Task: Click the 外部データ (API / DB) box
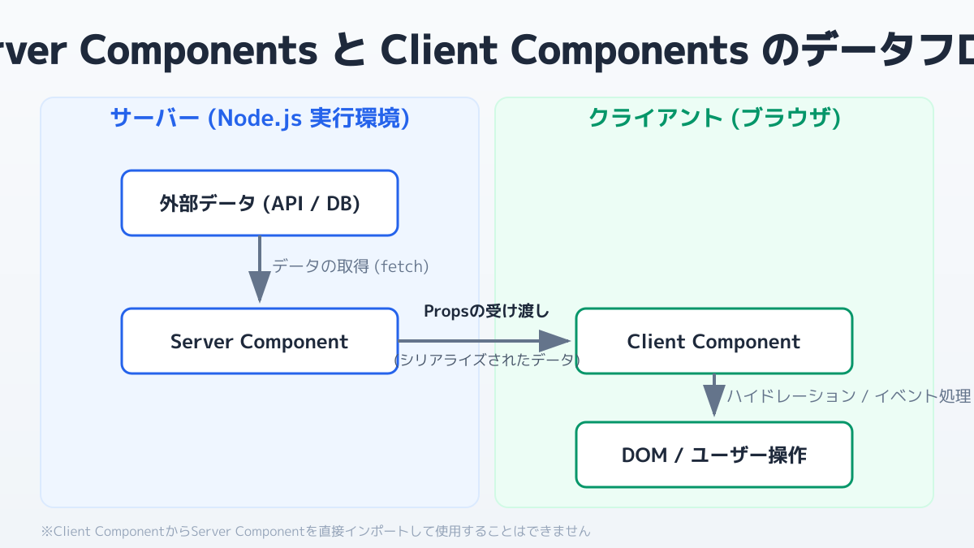[x=260, y=203]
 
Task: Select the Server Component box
[x=260, y=341]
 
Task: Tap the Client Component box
[x=714, y=341]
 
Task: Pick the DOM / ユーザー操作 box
[x=714, y=455]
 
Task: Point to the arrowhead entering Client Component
[x=559, y=341]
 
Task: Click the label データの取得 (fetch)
[x=351, y=266]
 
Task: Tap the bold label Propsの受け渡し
[x=487, y=311]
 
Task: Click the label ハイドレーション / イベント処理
[x=848, y=396]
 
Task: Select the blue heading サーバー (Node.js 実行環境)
[x=260, y=119]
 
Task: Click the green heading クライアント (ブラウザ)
[x=714, y=119]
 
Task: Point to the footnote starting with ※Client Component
[x=316, y=532]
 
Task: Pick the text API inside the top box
[x=282, y=203]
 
